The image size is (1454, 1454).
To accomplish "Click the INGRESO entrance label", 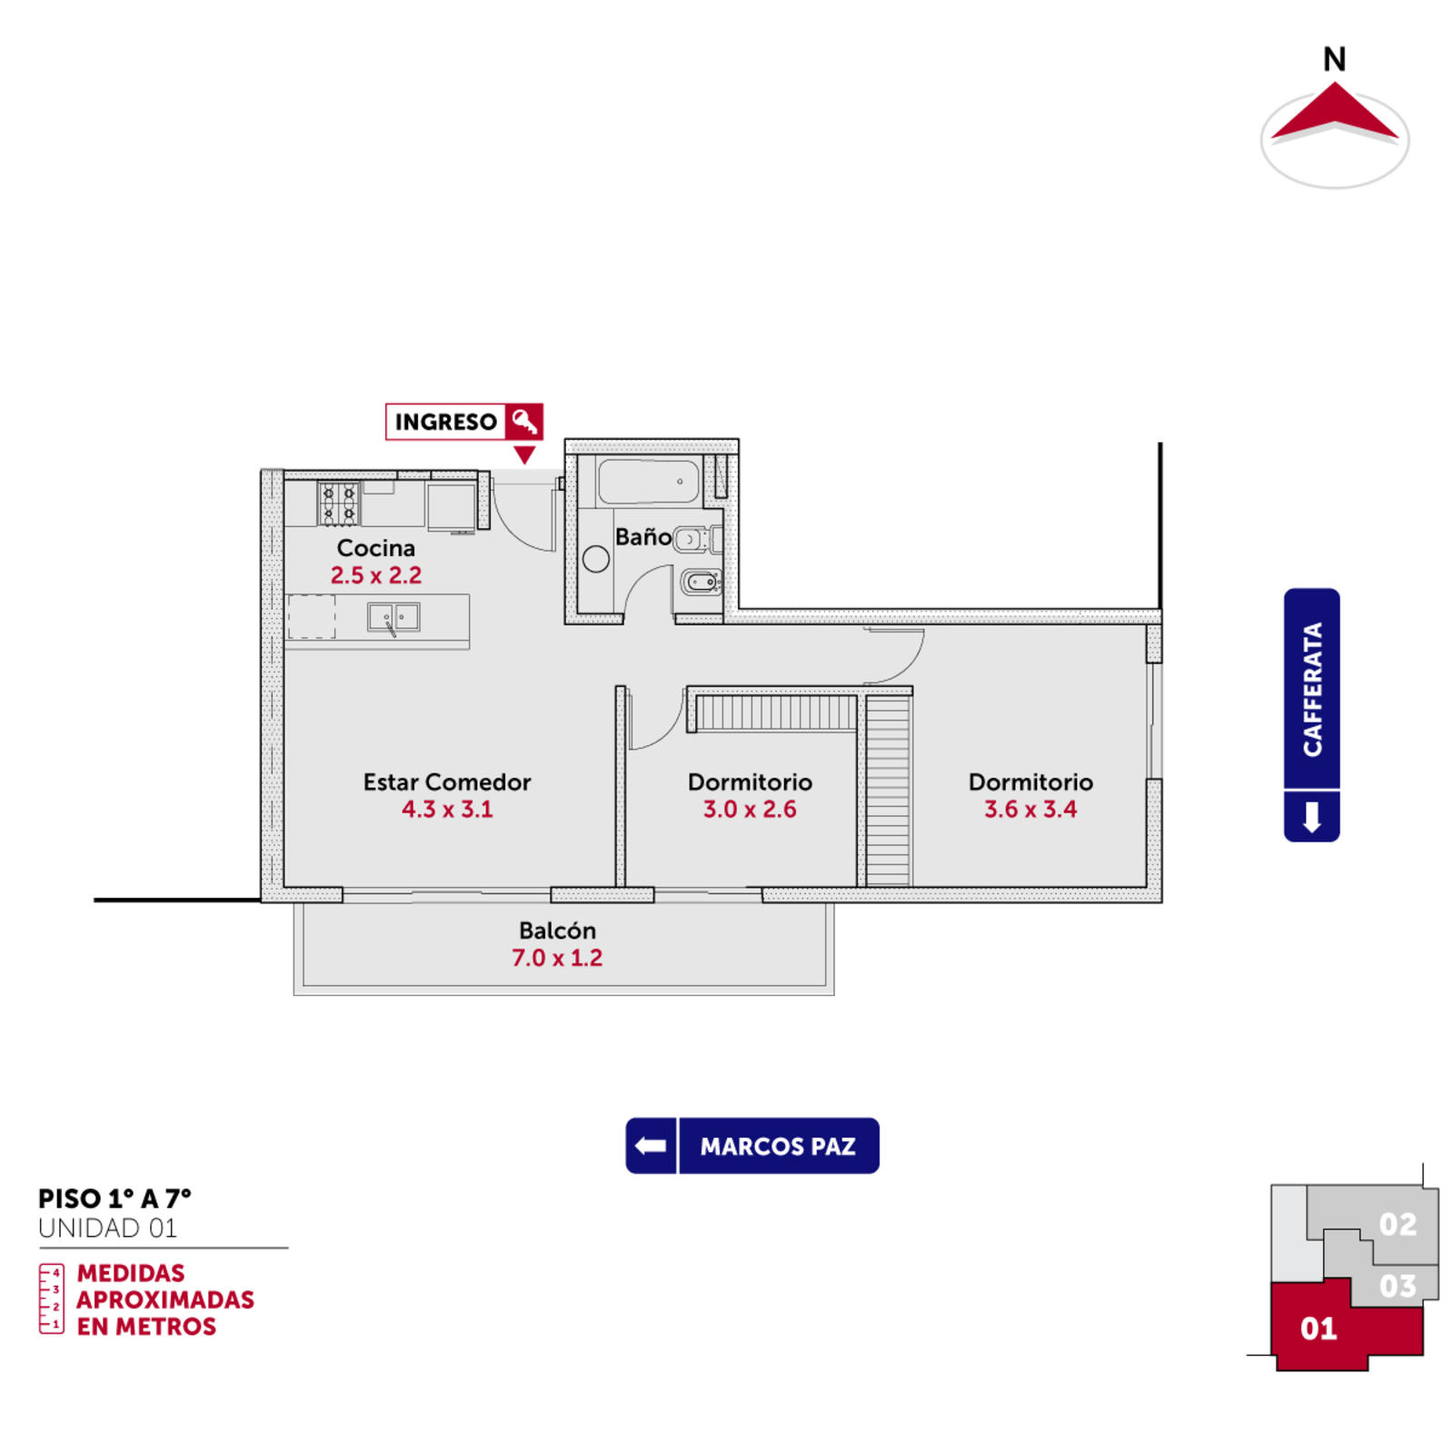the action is (x=445, y=422).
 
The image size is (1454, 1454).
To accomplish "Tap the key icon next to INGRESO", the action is (x=524, y=422).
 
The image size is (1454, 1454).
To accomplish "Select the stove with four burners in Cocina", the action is (x=338, y=503).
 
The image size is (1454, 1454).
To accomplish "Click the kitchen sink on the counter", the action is (x=393, y=617).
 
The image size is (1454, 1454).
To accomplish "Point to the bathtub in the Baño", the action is (x=649, y=482).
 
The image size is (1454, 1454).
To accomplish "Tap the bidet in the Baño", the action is (x=702, y=582).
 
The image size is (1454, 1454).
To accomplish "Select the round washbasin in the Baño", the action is (x=596, y=559).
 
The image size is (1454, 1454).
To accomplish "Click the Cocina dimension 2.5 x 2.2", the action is (x=376, y=575).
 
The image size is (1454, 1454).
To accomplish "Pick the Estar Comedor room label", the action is (x=447, y=782).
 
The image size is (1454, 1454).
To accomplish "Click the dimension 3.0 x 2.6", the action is (x=750, y=810).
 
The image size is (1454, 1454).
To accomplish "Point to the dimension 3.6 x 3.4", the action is (x=1031, y=810).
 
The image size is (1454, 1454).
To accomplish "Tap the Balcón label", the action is (x=557, y=931).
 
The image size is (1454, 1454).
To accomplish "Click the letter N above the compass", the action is (x=1334, y=60).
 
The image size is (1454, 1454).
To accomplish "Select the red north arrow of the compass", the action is (x=1334, y=112).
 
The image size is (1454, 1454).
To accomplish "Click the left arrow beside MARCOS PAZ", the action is (x=651, y=1146).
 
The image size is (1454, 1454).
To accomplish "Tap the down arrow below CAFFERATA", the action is (x=1311, y=817).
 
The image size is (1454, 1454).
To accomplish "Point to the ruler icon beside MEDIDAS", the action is (x=52, y=1300).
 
